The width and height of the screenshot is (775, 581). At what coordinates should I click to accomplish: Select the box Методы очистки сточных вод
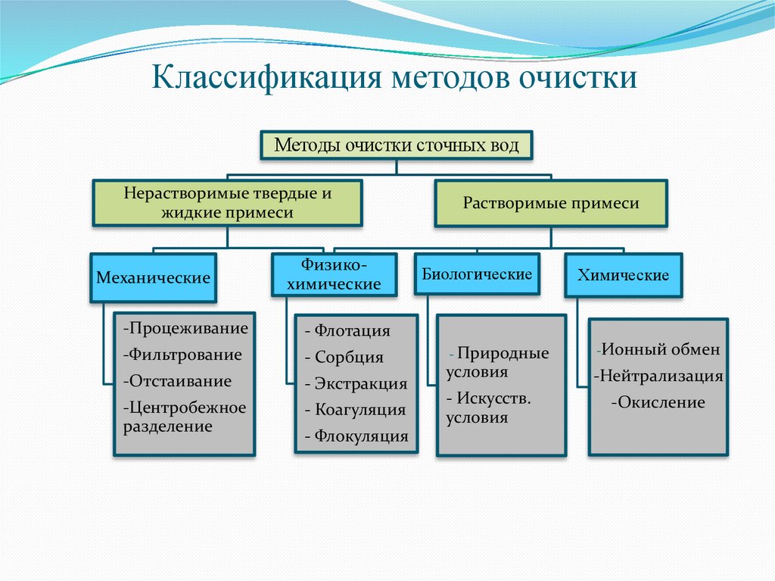(x=397, y=145)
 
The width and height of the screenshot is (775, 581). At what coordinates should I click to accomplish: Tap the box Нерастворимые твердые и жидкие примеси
(x=227, y=203)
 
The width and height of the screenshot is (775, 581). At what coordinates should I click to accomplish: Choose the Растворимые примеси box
(x=551, y=203)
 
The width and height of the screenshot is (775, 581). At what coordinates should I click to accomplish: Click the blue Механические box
(x=153, y=278)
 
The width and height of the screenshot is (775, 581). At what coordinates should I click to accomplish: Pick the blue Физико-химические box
(x=334, y=275)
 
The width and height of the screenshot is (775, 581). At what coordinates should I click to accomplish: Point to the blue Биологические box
(x=477, y=274)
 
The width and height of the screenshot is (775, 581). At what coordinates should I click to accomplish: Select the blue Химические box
(x=623, y=275)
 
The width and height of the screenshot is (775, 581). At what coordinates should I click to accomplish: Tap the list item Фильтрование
(x=182, y=355)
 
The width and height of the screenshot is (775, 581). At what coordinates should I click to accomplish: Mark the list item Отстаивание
(x=177, y=381)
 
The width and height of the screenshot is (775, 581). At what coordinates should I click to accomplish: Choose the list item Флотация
(x=348, y=330)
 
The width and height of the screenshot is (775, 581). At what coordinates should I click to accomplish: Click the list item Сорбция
(x=344, y=358)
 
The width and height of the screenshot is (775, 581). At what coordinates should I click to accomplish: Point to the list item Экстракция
(x=356, y=384)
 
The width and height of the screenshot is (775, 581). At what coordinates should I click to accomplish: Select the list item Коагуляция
(x=356, y=410)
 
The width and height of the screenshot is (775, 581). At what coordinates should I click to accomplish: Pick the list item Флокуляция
(x=356, y=436)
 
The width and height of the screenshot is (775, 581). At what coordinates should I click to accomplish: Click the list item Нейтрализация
(x=659, y=376)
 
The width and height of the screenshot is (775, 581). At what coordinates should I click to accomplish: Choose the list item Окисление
(x=658, y=402)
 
